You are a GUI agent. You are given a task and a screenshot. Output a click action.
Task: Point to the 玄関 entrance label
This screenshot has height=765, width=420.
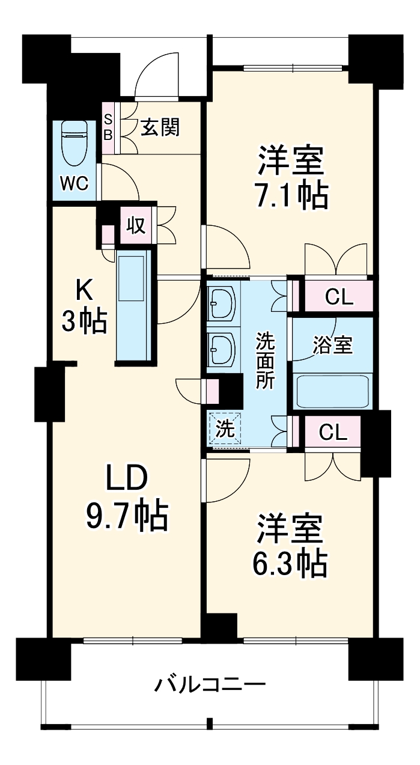(x=160, y=127)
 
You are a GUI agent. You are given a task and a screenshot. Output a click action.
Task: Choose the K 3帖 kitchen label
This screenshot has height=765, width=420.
(x=84, y=306)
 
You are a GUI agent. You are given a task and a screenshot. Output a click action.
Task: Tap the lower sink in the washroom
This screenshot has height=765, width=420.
(x=222, y=349)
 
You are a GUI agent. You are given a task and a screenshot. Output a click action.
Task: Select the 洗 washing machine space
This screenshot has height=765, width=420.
(x=224, y=429)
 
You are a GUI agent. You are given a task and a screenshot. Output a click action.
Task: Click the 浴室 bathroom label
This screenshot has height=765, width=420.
(x=332, y=346)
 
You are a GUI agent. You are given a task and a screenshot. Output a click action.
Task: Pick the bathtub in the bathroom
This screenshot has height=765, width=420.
(x=333, y=391)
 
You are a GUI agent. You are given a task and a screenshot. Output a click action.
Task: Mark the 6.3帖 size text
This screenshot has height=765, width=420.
(x=292, y=563)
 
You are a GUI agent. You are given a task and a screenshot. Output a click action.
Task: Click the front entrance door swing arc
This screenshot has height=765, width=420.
(x=156, y=75)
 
